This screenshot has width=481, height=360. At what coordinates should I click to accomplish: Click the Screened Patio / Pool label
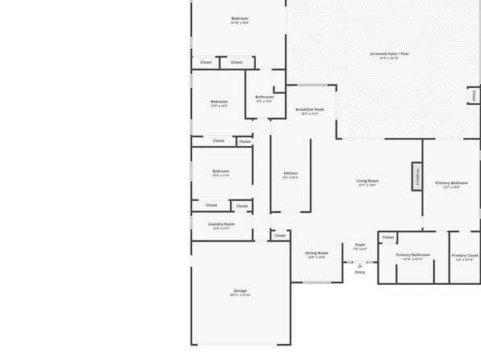390,54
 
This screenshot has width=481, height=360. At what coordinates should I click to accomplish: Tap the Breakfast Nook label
309,109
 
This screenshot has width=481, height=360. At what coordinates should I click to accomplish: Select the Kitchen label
290,173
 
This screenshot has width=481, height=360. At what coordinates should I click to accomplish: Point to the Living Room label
368,181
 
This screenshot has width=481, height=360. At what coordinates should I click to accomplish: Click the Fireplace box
417,176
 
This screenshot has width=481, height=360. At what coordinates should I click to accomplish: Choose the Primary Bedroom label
451,183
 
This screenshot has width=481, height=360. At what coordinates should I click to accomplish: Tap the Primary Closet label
464,255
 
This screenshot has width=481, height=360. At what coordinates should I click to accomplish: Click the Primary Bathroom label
412,255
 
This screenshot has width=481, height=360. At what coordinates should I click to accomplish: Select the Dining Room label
316,253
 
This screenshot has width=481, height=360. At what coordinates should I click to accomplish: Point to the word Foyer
360,245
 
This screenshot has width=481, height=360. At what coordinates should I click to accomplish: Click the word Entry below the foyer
360,272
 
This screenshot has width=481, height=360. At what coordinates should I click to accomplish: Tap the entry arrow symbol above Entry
360,264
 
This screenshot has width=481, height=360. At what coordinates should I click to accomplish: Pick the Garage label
240,291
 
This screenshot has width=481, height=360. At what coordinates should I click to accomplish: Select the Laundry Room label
221,224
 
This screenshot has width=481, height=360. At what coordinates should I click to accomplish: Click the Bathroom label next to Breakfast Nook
265,97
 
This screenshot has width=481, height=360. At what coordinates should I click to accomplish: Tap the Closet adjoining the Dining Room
280,236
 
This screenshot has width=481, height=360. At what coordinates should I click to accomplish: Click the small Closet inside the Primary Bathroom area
388,237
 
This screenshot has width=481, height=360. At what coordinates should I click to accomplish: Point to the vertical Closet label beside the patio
473,95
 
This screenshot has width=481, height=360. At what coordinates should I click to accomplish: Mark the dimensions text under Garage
240,295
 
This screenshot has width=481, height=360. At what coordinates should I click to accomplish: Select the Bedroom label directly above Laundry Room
221,171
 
